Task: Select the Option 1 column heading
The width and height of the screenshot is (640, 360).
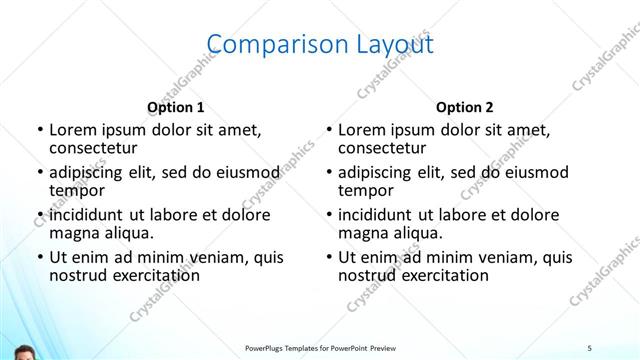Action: tap(175, 107)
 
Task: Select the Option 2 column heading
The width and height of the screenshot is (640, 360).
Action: tap(465, 107)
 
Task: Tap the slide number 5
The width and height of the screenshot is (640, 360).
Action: tap(590, 347)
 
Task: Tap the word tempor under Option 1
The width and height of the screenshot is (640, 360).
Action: tap(77, 190)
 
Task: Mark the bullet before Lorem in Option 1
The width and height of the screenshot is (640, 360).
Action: tap(39, 130)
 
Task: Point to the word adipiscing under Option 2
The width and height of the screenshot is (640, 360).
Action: tap(382, 172)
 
